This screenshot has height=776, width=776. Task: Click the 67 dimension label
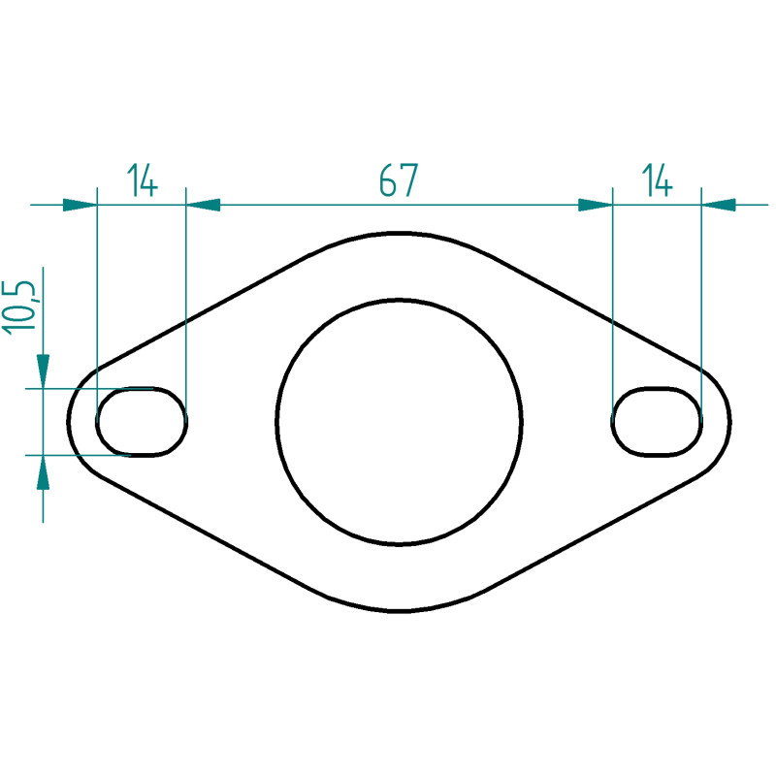tap(399, 180)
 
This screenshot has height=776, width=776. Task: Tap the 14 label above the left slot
tap(142, 180)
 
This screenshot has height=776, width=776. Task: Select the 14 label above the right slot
tap(657, 180)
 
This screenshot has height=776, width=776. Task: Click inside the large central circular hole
tap(399, 422)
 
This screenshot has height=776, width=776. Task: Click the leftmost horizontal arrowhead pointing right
tap(80, 205)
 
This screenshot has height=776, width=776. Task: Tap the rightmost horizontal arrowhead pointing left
tap(719, 205)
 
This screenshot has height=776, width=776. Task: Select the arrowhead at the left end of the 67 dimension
tap(203, 205)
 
